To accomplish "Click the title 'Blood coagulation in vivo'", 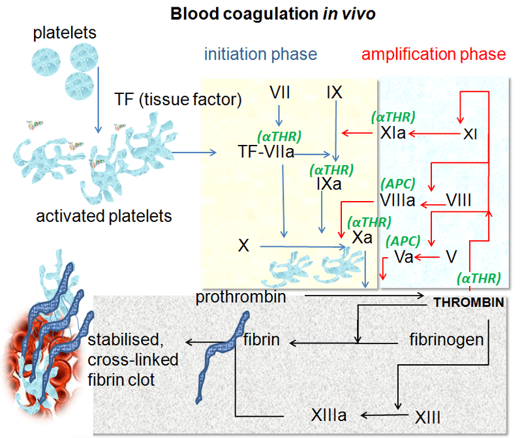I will (273, 13).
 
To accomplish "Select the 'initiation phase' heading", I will (260, 54).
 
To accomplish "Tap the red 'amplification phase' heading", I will (433, 54).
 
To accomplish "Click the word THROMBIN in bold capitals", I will (469, 303).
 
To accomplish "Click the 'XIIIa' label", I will (328, 415).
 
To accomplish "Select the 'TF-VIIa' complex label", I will (266, 152).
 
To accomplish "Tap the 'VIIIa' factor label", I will (397, 200).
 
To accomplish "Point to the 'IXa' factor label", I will (330, 185).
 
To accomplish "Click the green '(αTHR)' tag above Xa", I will (369, 221).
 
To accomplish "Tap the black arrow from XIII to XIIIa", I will (386, 415).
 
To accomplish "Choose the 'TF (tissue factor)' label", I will (177, 100).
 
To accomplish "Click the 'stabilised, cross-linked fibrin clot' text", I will (133, 360).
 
